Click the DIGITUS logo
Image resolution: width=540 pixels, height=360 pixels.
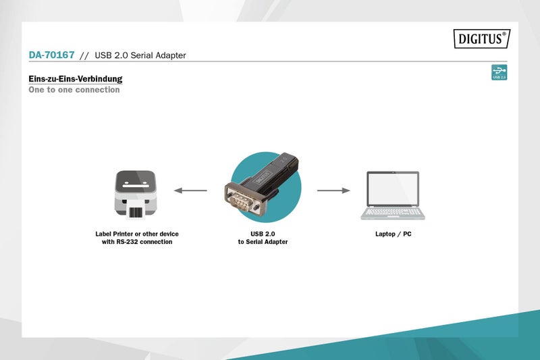coord(480,40)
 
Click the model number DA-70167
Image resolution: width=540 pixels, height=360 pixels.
coord(51,55)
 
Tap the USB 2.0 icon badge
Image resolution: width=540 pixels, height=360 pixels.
coord(500,73)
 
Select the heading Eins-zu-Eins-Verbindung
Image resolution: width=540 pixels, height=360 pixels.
coord(75,79)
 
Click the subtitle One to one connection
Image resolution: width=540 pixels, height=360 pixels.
coord(74,90)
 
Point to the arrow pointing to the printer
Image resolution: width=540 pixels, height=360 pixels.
coord(190,190)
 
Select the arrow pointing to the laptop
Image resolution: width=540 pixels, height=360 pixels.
coord(333,190)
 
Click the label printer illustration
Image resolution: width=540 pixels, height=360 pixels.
coord(136,192)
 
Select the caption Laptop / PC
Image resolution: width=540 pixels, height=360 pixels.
coord(393,234)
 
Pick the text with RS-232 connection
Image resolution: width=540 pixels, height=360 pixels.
coord(137,242)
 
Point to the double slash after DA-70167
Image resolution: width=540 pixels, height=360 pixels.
coord(84,55)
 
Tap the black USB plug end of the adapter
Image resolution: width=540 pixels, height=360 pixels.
coord(286,162)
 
